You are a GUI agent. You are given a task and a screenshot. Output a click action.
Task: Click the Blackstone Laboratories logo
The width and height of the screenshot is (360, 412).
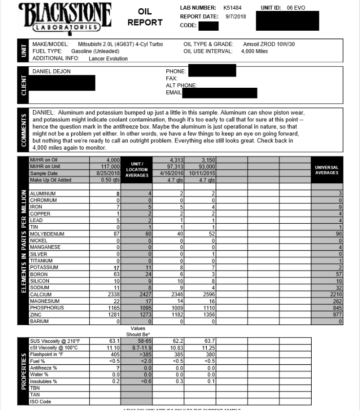[64, 18]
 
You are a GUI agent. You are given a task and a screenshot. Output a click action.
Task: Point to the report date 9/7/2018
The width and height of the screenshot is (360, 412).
[236, 17]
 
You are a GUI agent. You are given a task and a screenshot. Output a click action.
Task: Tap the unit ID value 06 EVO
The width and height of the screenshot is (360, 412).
[296, 8]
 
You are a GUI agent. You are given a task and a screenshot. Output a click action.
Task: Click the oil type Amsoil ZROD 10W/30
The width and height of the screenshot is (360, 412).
[269, 44]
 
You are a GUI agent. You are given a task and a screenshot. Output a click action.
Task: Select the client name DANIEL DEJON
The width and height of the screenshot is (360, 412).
[51, 72]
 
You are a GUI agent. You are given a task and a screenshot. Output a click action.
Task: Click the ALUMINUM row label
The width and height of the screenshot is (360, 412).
[43, 194]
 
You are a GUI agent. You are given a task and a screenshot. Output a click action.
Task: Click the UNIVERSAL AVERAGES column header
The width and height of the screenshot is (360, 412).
[327, 170]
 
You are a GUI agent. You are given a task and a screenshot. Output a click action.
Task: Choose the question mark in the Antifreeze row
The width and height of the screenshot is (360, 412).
[118, 368]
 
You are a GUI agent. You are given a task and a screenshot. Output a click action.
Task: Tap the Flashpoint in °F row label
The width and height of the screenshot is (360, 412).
[48, 354]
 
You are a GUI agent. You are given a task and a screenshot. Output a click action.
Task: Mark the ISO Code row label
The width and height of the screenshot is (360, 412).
[40, 402]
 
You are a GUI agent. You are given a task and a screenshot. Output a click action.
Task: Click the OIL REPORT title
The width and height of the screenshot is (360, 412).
[145, 17]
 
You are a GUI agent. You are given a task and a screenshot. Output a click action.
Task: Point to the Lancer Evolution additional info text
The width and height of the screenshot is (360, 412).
[108, 59]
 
